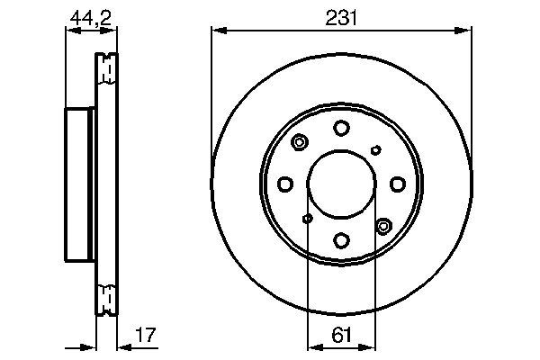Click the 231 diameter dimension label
(341, 18)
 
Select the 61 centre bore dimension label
(341, 335)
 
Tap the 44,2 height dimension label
(91, 18)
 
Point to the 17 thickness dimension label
(146, 335)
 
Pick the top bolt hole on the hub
(341, 128)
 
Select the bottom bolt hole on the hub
(342, 240)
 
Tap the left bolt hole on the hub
(285, 184)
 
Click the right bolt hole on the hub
(398, 184)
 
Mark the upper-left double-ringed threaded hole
(300, 142)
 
